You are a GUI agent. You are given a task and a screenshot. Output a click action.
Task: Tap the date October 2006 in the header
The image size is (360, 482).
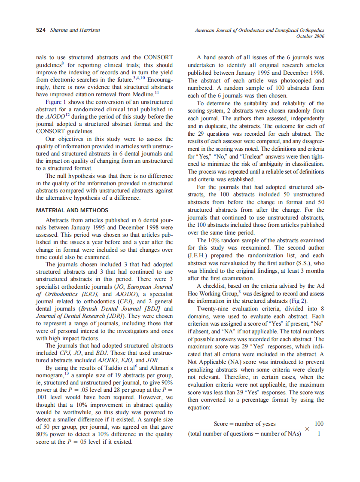[x=311, y=36]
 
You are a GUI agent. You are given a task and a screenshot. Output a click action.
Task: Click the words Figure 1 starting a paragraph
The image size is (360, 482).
[x=58, y=102]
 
